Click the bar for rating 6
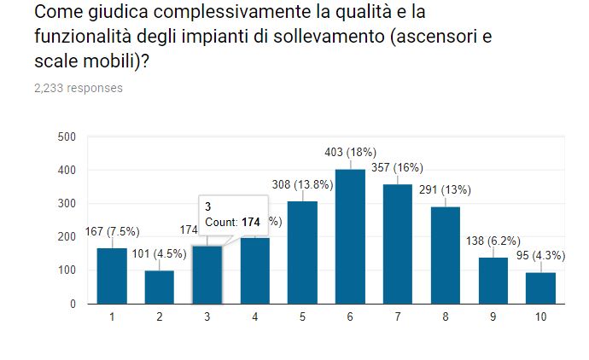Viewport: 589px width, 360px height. point(350,236)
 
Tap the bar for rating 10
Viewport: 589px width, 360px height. point(540,287)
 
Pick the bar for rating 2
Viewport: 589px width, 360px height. point(160,287)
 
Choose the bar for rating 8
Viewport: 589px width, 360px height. point(445,255)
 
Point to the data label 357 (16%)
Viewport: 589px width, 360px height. point(397,167)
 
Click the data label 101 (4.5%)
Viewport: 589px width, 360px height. point(160,253)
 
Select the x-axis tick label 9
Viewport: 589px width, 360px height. point(493,317)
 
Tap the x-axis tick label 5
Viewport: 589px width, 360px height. point(302,317)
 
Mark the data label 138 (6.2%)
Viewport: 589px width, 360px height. point(493,241)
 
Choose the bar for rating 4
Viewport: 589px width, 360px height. point(254,270)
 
